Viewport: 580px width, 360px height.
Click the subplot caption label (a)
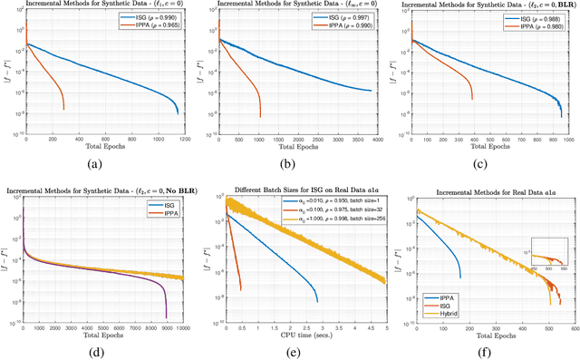point(95,165)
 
